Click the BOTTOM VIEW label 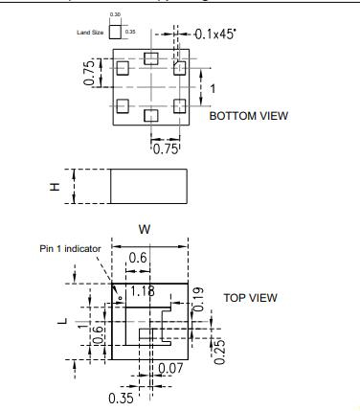[x=248, y=116]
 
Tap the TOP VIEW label [x=251, y=298]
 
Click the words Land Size [x=89, y=33]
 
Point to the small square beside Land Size [x=116, y=32]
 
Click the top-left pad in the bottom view [x=122, y=68]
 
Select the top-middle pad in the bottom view [x=150, y=59]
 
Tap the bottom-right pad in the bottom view [x=178, y=106]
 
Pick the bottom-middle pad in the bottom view [x=150, y=115]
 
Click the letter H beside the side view [x=56, y=185]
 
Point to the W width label [x=145, y=229]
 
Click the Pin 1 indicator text [x=70, y=248]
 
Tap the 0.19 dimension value [x=199, y=297]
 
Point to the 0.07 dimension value [x=171, y=368]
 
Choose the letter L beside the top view [x=62, y=322]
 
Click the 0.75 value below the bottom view [x=167, y=148]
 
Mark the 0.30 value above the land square [x=116, y=15]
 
